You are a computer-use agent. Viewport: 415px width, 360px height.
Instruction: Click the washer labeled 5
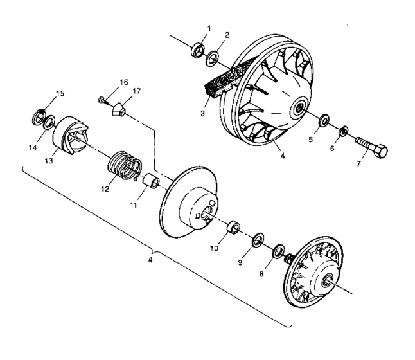324,121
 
